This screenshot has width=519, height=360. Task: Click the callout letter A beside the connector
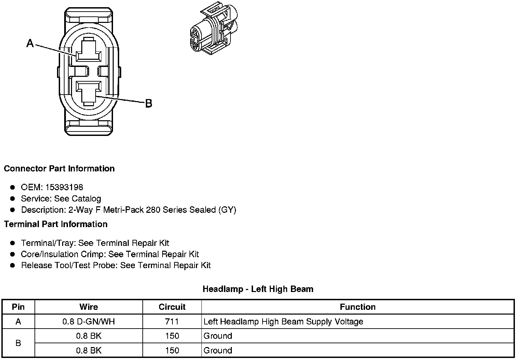[x=30, y=43]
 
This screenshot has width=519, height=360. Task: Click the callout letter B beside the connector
[x=149, y=103]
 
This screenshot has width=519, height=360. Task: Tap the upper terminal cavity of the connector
[x=88, y=53]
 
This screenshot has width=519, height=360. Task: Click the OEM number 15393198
[x=64, y=187]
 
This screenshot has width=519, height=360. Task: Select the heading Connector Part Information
[x=59, y=169]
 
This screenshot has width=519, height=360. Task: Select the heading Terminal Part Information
[x=56, y=224]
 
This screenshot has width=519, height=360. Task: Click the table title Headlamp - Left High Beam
[x=258, y=289]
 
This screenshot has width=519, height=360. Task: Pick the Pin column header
[x=18, y=307]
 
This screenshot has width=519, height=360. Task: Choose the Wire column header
[x=89, y=307]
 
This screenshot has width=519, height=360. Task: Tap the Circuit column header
[x=172, y=307]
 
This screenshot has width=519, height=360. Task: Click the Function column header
[x=357, y=307]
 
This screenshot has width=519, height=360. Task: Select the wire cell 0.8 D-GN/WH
[x=89, y=322]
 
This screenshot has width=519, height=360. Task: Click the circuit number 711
[x=172, y=322]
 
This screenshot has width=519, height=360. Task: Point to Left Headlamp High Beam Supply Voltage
[x=283, y=322]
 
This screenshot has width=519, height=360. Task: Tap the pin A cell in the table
[x=18, y=322]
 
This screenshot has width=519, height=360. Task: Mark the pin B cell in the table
[x=18, y=343]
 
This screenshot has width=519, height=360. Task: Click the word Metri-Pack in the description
[x=123, y=210]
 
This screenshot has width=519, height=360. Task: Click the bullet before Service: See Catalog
[x=13, y=198]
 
